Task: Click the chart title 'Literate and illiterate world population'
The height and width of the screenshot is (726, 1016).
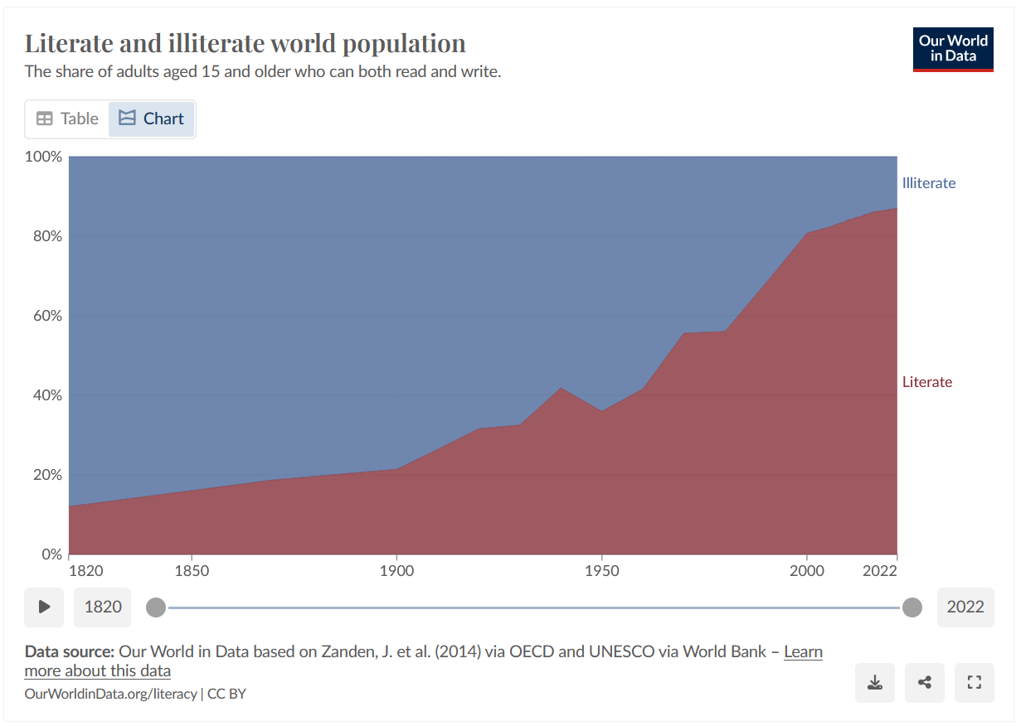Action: coord(245,43)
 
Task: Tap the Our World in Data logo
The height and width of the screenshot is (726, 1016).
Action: coord(953,50)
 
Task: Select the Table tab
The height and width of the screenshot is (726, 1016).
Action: coord(67,119)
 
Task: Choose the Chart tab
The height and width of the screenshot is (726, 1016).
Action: coord(152,119)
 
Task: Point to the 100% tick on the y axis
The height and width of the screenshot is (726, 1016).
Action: coord(45,157)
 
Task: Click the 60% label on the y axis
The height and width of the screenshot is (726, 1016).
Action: coord(47,316)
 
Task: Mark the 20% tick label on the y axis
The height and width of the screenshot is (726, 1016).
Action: coord(47,475)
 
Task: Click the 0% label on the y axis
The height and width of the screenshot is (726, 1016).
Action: coord(51,554)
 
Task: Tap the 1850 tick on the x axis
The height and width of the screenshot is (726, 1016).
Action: coord(192,571)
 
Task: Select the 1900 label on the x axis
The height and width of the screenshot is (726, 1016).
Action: coord(396,571)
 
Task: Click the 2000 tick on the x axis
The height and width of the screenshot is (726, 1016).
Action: coord(806,571)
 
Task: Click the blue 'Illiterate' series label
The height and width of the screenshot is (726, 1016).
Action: coord(928,183)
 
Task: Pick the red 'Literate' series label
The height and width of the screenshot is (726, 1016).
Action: coord(926,382)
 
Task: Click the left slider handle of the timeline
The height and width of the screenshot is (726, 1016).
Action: coord(156,607)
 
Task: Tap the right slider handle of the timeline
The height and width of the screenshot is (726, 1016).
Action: coord(912,607)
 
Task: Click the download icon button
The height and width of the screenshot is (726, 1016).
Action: coord(874,683)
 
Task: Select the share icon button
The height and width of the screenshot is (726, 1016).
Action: coord(925,683)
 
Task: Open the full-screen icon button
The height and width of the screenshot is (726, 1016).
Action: coord(975,683)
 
